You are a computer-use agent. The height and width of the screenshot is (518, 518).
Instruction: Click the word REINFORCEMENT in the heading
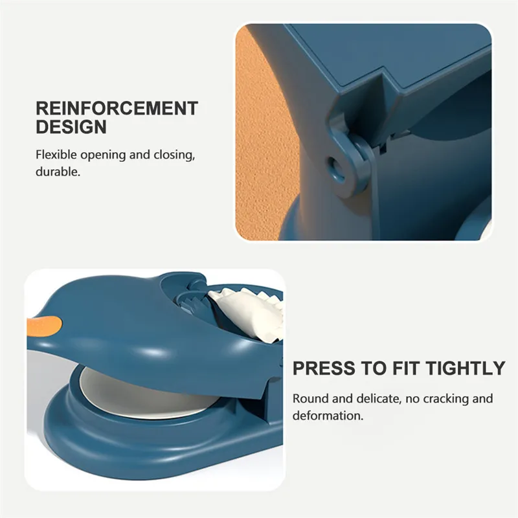point(117,108)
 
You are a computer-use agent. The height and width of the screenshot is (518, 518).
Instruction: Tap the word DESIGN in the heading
point(71,127)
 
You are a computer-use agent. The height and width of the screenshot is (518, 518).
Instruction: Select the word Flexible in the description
point(56,155)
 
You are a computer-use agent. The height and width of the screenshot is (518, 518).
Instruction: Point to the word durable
point(58,172)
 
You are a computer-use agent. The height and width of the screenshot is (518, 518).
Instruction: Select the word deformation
point(328,416)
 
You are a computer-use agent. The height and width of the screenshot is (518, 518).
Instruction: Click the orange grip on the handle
point(45,325)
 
